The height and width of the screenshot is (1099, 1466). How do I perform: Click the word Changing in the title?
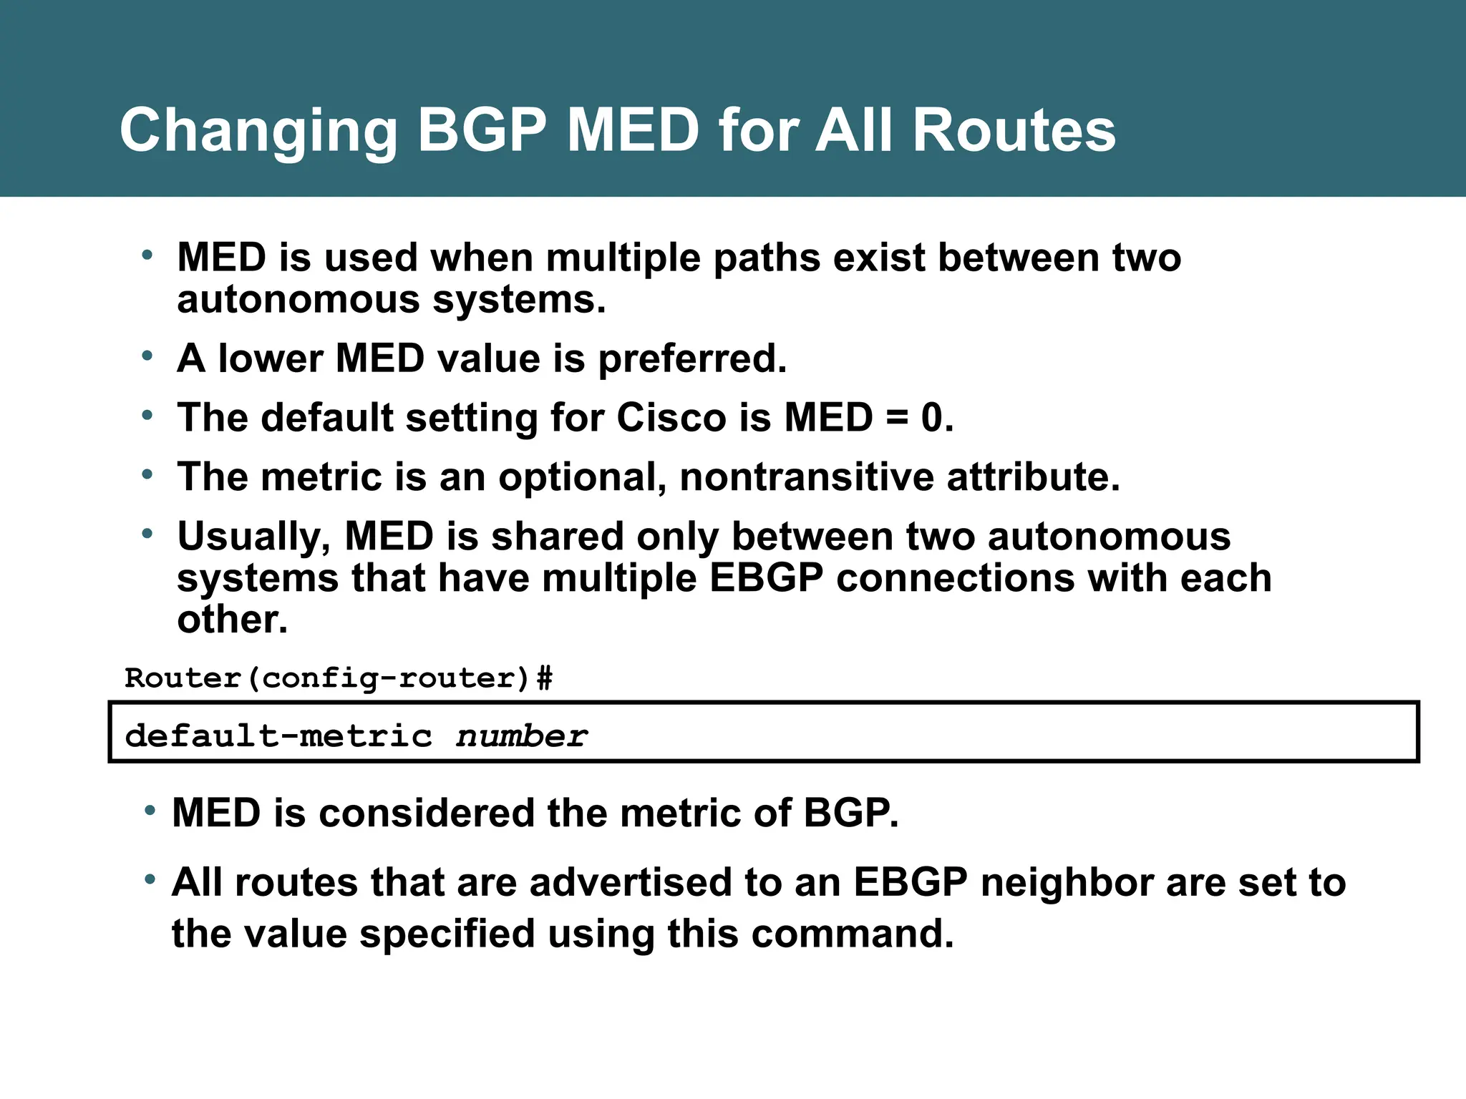click(258, 131)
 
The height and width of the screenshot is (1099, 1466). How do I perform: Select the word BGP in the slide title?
click(481, 131)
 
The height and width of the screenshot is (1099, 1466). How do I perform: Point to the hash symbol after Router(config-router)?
click(545, 678)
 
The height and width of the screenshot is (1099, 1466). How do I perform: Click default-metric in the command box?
click(278, 736)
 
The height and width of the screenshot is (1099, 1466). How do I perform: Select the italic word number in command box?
click(521, 736)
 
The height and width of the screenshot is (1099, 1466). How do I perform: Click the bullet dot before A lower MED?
click(147, 356)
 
